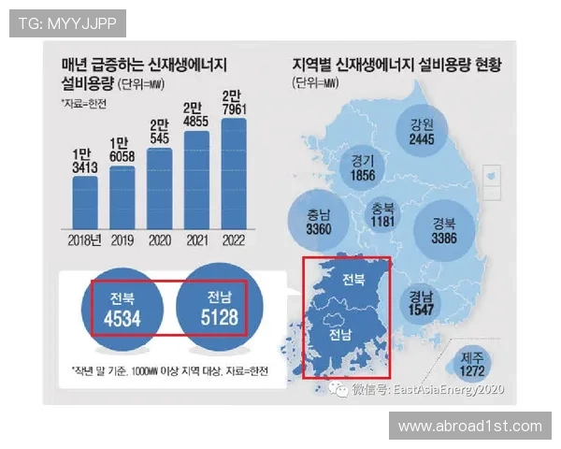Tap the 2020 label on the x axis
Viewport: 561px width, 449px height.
[x=160, y=239]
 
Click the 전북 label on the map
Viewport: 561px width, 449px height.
[x=352, y=280]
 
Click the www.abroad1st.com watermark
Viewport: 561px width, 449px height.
[x=469, y=427]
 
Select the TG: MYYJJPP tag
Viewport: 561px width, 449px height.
[x=66, y=22]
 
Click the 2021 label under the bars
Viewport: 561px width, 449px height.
[x=196, y=239]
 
